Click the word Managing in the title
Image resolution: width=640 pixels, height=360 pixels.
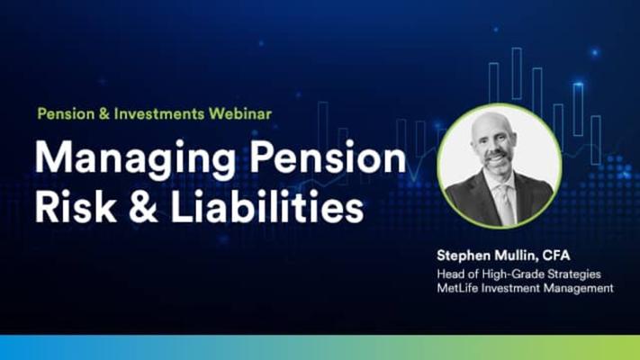click(135, 159)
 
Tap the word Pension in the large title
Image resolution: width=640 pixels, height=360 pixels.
click(328, 157)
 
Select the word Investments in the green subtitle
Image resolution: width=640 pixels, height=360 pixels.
click(159, 113)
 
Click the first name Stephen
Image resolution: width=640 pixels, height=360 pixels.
click(464, 256)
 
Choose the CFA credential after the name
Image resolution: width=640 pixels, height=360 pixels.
click(556, 256)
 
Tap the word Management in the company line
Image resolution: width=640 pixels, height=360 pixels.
click(579, 288)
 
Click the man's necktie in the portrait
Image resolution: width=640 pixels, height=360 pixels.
click(506, 203)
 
